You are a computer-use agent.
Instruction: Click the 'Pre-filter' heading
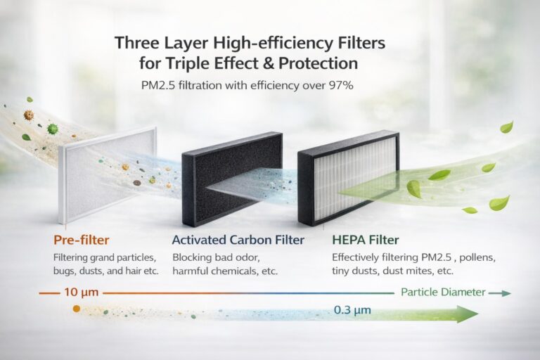click(x=82, y=240)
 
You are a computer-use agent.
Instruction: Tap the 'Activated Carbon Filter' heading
click(x=238, y=240)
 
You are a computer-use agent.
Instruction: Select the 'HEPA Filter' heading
click(x=366, y=240)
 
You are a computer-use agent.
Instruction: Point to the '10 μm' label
click(x=82, y=292)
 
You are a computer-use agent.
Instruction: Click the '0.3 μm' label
click(x=352, y=309)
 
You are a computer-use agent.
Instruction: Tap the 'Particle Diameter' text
click(x=443, y=292)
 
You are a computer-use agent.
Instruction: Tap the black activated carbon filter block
click(x=231, y=179)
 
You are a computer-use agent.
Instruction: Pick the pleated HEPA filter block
click(x=349, y=179)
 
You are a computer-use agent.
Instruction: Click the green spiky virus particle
click(x=53, y=129)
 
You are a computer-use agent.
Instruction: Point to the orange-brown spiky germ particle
click(x=29, y=115)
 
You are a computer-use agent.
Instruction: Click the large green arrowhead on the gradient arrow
click(x=468, y=314)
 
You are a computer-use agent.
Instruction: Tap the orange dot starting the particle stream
click(x=77, y=309)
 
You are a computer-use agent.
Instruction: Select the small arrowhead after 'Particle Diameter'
click(x=506, y=293)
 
